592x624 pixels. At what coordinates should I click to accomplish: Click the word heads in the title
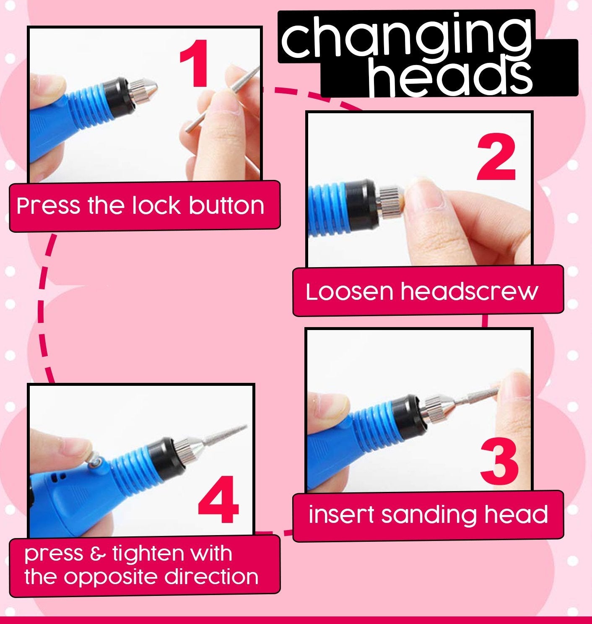(x=451, y=78)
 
